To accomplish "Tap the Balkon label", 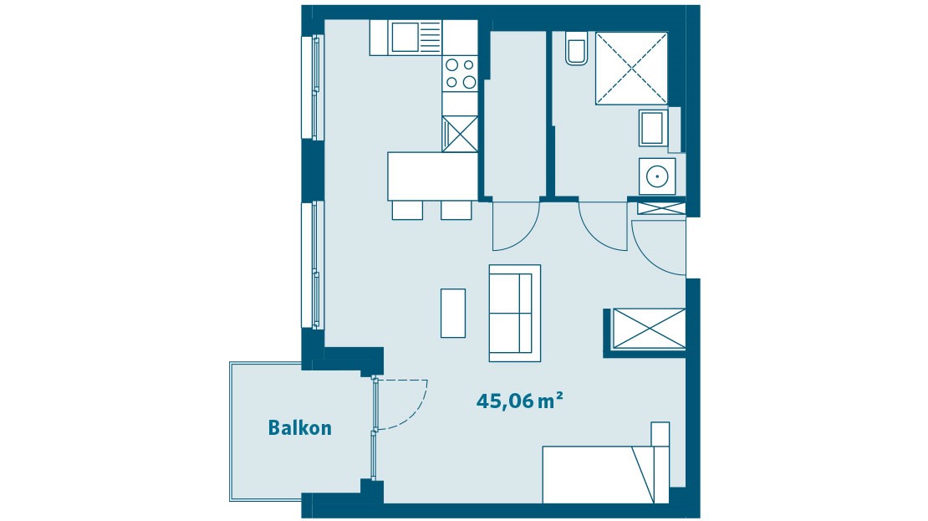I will [x=299, y=428].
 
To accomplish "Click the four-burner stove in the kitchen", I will [x=460, y=73].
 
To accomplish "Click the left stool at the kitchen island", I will [x=407, y=210].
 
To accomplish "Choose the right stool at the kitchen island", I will [x=456, y=210].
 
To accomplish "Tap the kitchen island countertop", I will [x=431, y=176].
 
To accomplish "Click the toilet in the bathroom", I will [x=577, y=49].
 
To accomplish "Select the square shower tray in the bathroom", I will [x=631, y=69].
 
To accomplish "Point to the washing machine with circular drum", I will [x=657, y=176].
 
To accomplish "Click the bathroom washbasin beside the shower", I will [x=653, y=129].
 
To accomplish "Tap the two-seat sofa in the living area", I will [x=514, y=313].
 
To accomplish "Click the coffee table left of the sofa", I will [x=453, y=313].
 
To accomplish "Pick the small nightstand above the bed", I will [x=660, y=433].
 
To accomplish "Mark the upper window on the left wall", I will [x=315, y=87].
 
